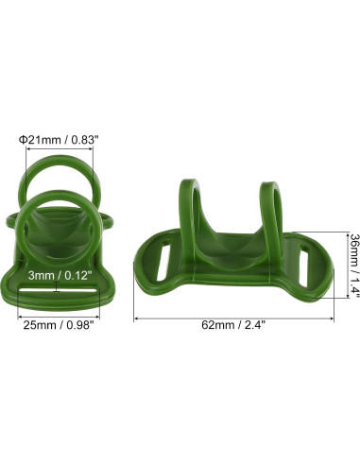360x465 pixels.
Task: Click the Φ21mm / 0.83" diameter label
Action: (x=58, y=137)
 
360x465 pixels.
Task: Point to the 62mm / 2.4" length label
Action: (x=233, y=324)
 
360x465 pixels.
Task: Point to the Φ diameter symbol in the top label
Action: (x=23, y=137)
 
